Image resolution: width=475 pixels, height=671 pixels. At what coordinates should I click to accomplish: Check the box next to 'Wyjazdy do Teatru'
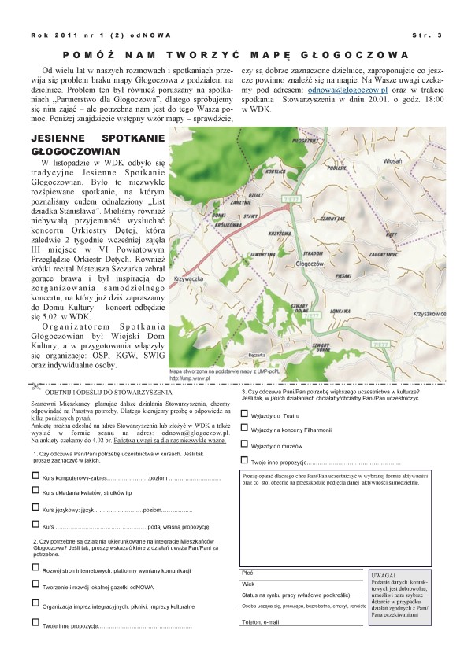(x=244, y=413)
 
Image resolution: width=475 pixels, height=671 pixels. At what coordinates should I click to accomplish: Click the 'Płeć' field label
(x=248, y=573)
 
